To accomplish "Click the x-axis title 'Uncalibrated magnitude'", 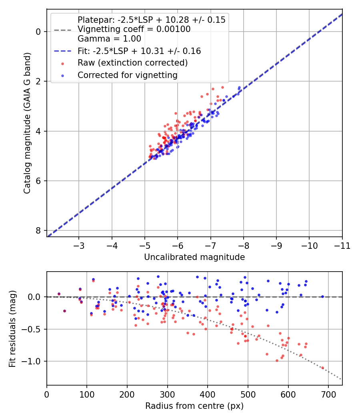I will pyautogui.click(x=194, y=257).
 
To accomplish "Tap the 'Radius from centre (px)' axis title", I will pyautogui.click(x=194, y=406).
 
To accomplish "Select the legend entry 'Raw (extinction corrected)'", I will pyautogui.click(x=133, y=63).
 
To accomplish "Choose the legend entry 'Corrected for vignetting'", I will pyautogui.click(x=127, y=75).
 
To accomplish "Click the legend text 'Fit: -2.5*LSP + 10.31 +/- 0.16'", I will pyautogui.click(x=139, y=51).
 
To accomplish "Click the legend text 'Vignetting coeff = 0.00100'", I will pyautogui.click(x=134, y=29).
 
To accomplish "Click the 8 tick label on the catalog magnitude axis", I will pyautogui.click(x=38, y=230).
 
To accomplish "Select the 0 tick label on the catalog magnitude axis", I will pyautogui.click(x=38, y=32).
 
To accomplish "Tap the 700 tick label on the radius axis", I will pyautogui.click(x=328, y=394).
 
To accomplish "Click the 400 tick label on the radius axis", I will pyautogui.click(x=208, y=394).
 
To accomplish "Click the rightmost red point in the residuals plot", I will pyautogui.click(x=322, y=368).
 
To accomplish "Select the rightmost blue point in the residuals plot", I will pyautogui.click(x=322, y=296).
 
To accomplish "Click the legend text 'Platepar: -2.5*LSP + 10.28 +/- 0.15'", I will pyautogui.click(x=151, y=20).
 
